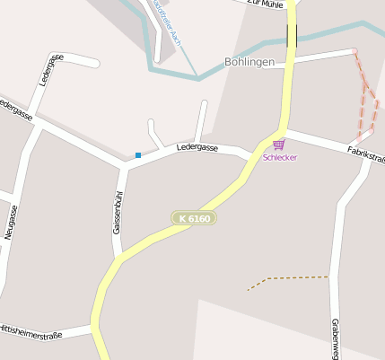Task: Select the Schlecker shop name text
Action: [279, 157]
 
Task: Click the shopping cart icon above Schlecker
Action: [279, 144]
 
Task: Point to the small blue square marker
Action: [138, 155]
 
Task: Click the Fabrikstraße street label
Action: [366, 154]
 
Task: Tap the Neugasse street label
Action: [11, 222]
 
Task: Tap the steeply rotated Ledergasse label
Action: [51, 68]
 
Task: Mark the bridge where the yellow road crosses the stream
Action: [293, 37]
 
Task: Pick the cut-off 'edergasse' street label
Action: [16, 109]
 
